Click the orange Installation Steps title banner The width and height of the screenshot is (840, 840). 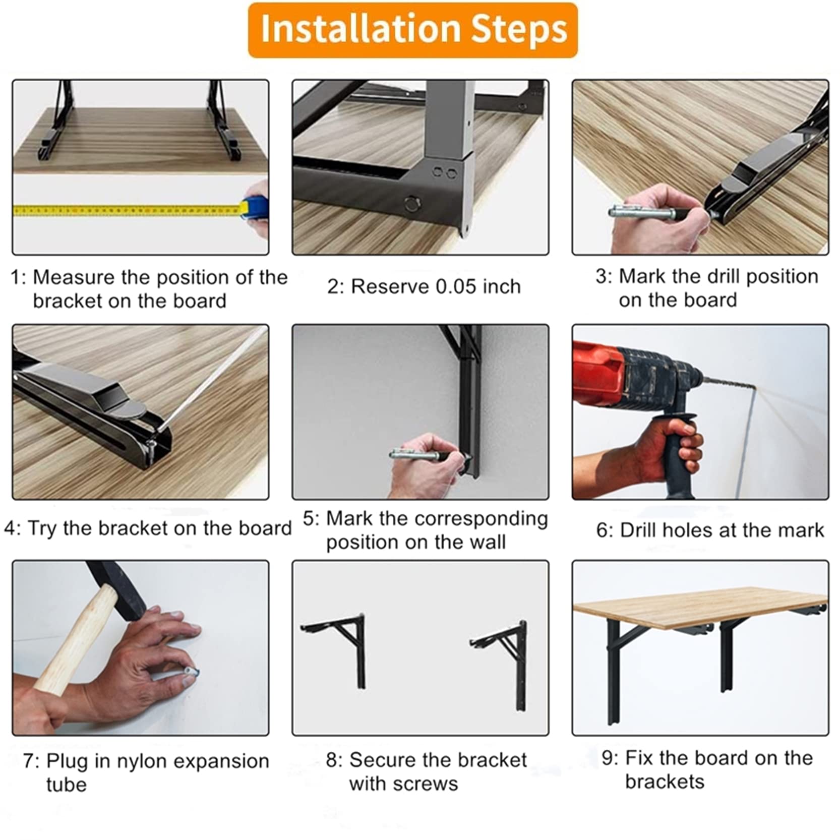tap(412, 30)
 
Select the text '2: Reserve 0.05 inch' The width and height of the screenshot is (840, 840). tap(424, 286)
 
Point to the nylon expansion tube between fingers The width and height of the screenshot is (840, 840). tap(192, 672)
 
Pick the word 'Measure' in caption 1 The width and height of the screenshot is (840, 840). tap(74, 277)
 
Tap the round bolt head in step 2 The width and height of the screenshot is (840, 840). tap(412, 204)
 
